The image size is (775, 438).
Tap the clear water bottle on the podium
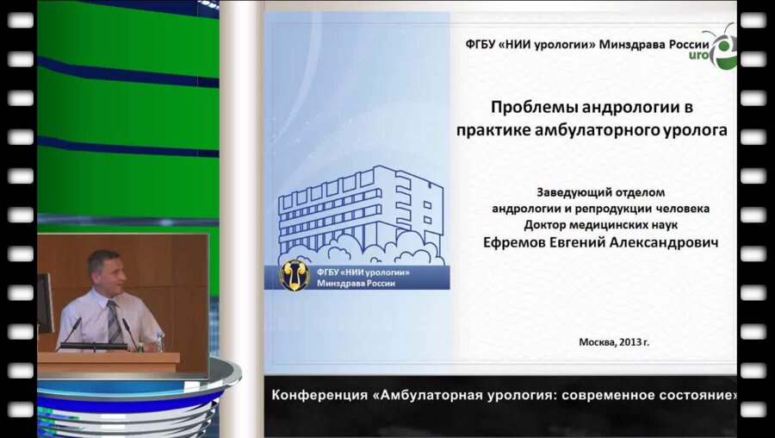point(159,341)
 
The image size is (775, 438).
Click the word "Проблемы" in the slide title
point(530,109)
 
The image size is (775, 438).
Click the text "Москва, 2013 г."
point(614,341)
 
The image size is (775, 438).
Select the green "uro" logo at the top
point(722,49)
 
